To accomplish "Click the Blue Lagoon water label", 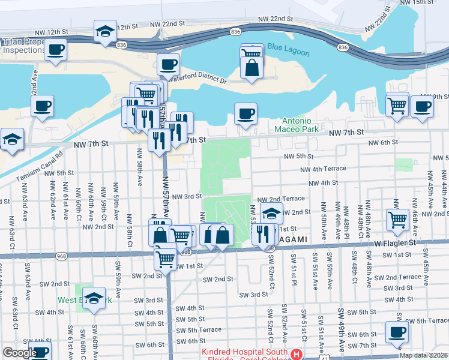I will [288, 52].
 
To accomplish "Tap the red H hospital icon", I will [295, 355].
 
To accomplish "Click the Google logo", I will [20, 353].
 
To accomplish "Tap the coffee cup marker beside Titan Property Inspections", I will [55, 49].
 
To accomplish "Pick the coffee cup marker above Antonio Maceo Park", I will [245, 114].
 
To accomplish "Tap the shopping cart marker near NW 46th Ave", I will [397, 220].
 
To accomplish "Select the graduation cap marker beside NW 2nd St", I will [271, 213].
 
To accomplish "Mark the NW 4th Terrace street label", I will [323, 169].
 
